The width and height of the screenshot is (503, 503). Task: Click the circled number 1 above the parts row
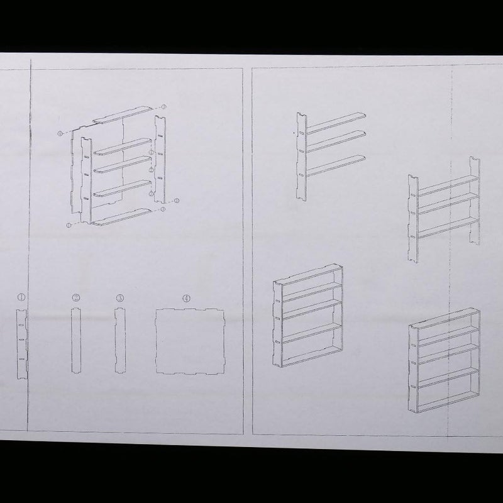(x=21, y=295)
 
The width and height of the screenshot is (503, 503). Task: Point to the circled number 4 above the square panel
(x=187, y=298)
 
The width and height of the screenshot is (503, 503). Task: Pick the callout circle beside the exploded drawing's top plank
(x=163, y=108)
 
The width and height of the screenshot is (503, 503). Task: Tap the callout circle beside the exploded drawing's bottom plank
(x=163, y=209)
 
